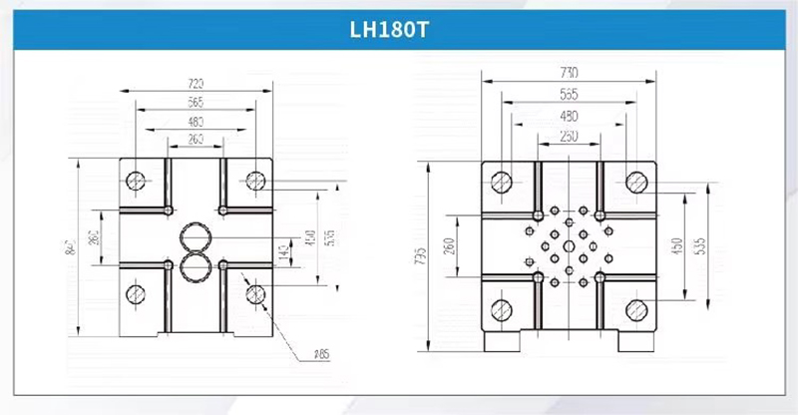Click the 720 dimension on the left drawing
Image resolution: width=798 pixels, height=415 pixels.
[197, 84]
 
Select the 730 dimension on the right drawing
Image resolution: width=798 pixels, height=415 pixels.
[569, 73]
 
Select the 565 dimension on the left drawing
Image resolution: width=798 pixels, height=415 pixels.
[197, 103]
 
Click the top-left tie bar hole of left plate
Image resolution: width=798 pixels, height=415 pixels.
[137, 180]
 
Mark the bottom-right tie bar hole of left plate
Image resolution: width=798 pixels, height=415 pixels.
[255, 293]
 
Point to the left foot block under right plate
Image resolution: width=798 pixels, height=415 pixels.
[501, 340]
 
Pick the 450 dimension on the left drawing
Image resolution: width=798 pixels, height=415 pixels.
[310, 238]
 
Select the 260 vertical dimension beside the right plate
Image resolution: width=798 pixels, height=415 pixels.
[448, 244]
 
